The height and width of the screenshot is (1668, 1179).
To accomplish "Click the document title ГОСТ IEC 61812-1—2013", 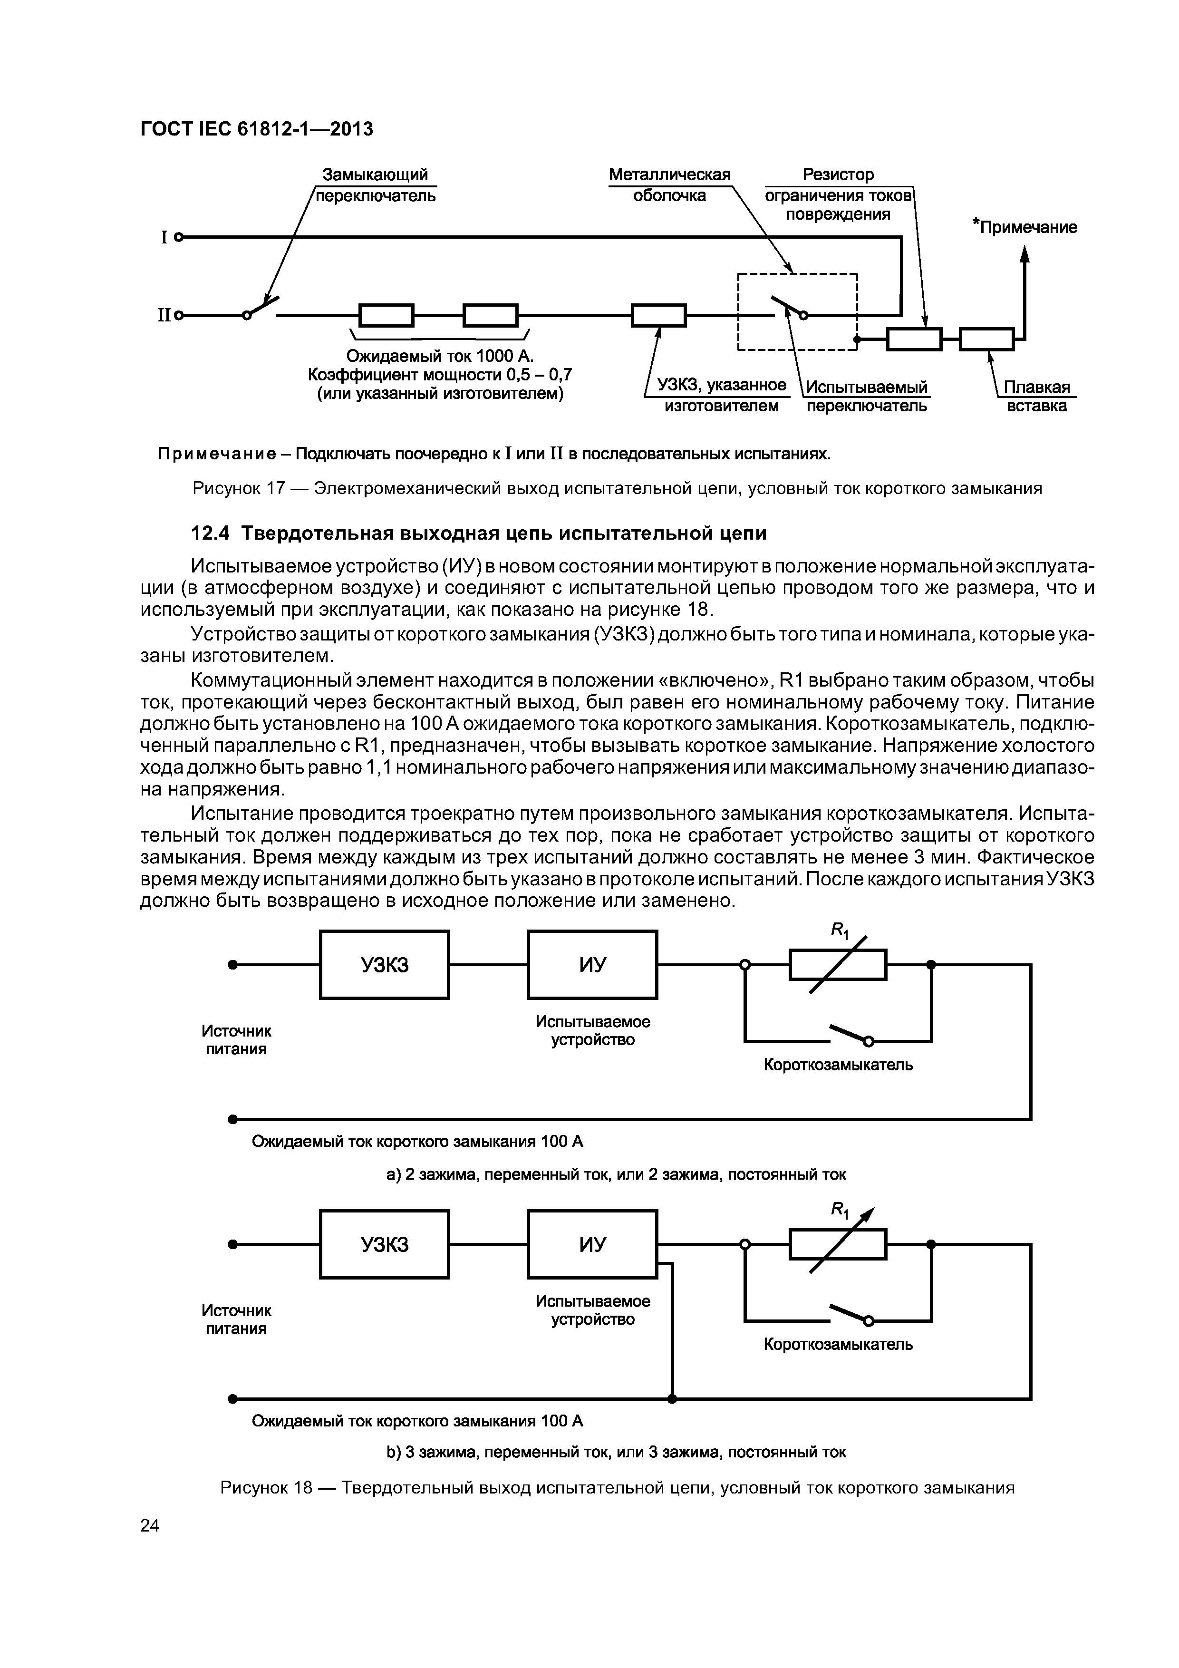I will click(256, 129).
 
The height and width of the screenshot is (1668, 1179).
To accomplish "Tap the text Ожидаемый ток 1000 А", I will click(439, 356).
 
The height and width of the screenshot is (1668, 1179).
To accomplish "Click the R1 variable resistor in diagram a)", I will click(838, 966).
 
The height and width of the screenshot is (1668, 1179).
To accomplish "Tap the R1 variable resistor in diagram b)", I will click(838, 1244).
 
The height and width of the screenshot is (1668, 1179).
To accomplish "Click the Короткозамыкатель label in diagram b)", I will click(838, 1345).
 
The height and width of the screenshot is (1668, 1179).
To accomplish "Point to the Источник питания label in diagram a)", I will click(236, 1039).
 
